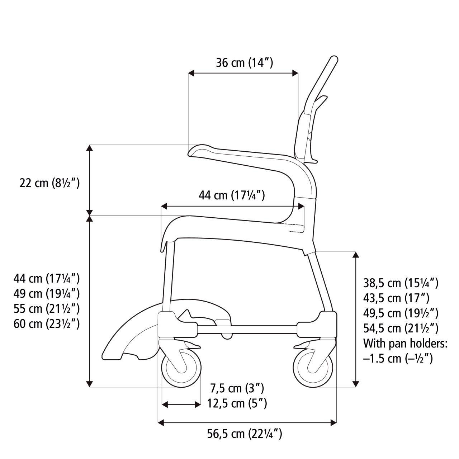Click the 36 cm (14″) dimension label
tap(245, 63)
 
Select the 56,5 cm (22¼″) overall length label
tap(245, 434)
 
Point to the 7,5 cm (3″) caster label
tap(237, 388)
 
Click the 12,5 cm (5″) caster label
tap(237, 403)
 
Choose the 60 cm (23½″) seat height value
tap(47, 324)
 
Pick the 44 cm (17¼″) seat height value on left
tap(47, 278)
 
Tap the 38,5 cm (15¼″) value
tap(401, 283)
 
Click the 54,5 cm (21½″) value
tap(401, 328)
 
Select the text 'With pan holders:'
tap(405, 343)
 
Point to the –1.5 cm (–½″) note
tap(398, 358)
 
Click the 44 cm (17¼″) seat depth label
tap(232, 195)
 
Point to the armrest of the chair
tap(244, 158)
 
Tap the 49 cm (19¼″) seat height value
tap(47, 294)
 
